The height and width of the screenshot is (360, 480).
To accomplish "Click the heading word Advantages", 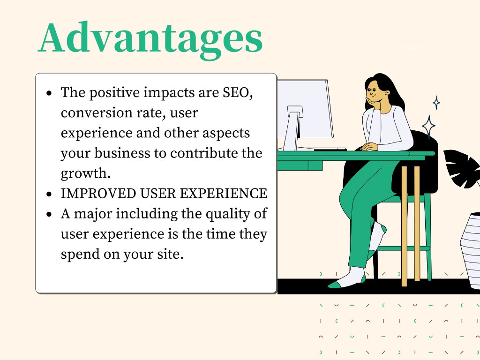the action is pos(150,40).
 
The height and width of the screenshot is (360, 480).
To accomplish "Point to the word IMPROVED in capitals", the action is pos(98,194).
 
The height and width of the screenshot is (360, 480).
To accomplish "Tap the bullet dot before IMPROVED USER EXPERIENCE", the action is pos(49,194).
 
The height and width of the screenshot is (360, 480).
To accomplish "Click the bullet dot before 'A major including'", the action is pos(49,214).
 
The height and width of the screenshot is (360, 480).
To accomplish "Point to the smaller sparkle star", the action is pos(436,103).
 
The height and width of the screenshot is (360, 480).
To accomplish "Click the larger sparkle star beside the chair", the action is pos(429,127).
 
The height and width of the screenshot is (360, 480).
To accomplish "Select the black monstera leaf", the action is pos(463,168).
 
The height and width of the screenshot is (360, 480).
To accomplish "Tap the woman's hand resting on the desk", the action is pos(369,147).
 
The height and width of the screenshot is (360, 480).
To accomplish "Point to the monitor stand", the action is pos(293,128).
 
